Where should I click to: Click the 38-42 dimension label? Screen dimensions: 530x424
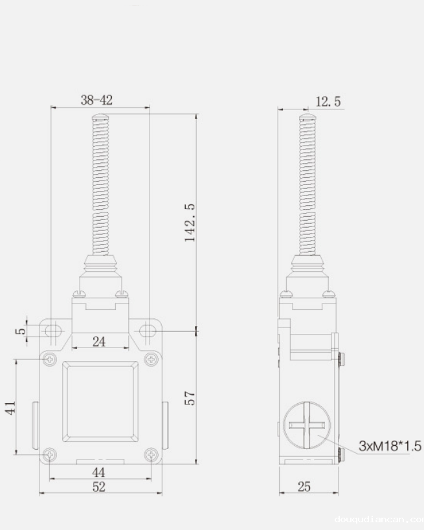click(96, 100)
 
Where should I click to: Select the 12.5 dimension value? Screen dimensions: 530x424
click(328, 102)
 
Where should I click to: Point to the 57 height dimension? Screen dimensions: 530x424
click(188, 397)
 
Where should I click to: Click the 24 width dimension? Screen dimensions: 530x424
click(99, 342)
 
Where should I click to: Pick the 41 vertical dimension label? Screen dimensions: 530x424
click(10, 408)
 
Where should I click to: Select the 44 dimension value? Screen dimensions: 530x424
click(99, 472)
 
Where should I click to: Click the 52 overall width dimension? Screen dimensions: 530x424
click(98, 487)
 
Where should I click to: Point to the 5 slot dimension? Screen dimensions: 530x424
click(21, 331)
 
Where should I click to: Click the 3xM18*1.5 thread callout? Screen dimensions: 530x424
click(390, 446)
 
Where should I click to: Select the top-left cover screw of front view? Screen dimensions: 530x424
click(49, 359)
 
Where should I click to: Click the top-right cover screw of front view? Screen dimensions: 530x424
click(151, 359)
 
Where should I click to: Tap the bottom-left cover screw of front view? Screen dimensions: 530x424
click(49, 455)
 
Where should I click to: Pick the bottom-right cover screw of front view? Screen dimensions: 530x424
click(151, 455)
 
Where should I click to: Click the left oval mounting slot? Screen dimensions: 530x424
click(52, 331)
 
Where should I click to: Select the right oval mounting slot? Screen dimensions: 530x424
click(148, 331)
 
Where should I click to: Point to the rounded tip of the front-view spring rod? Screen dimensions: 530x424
click(100, 118)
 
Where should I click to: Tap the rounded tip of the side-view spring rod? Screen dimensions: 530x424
click(307, 118)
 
